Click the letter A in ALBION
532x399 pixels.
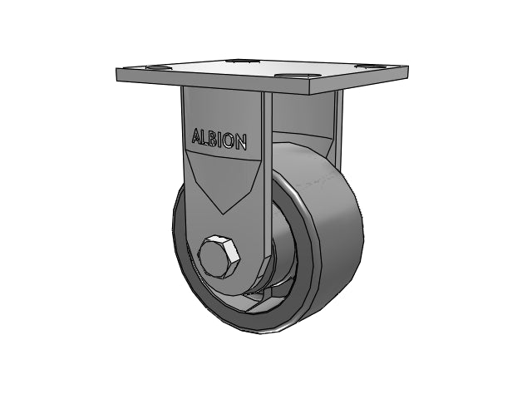[198, 136]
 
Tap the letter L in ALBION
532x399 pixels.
[207, 138]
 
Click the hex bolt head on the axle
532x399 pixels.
[219, 258]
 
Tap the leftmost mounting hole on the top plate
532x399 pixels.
[159, 68]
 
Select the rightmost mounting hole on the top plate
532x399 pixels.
[369, 66]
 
